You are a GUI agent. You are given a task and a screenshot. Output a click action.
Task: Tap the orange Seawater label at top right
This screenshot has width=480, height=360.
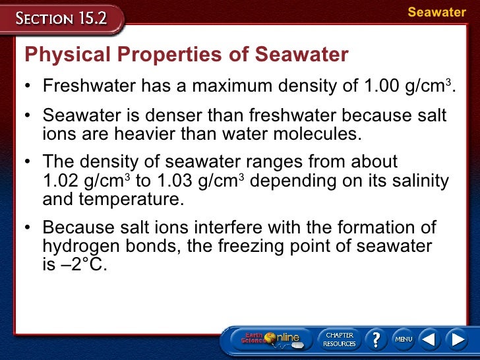coord(436,13)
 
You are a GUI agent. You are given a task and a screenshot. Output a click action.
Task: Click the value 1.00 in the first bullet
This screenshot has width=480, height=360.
coord(378,86)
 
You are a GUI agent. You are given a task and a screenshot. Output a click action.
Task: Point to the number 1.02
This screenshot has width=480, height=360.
coord(59,180)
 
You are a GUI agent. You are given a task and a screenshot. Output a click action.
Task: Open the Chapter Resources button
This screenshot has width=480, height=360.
coord(340,339)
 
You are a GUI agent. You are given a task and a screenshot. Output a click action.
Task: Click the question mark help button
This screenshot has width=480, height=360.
coord(376,339)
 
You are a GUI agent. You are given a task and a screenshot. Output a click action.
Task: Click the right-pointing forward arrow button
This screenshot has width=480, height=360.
coord(457,339)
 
